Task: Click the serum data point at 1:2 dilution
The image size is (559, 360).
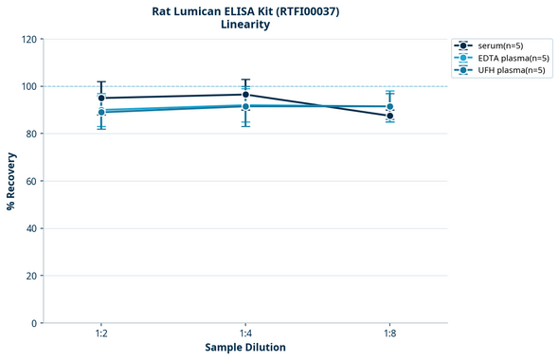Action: pyautogui.click(x=101, y=98)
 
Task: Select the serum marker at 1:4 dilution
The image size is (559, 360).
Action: pyautogui.click(x=245, y=95)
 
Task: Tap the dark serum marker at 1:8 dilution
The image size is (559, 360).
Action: pyautogui.click(x=390, y=116)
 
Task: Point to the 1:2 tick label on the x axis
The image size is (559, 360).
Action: pyautogui.click(x=101, y=334)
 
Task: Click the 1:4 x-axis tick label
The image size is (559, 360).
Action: pyautogui.click(x=245, y=334)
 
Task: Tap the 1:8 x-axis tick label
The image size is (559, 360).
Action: pyautogui.click(x=390, y=334)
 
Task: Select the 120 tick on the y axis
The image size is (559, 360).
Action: pyautogui.click(x=28, y=40)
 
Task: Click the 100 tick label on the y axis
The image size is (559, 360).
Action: pyautogui.click(x=28, y=87)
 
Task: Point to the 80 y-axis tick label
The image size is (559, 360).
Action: pyautogui.click(x=31, y=135)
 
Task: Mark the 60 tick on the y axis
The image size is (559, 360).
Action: pyautogui.click(x=31, y=182)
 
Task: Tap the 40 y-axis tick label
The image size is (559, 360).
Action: pyautogui.click(x=31, y=229)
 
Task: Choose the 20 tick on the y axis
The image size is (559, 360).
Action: pyautogui.click(x=31, y=277)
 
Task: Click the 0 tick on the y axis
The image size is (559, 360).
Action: pyautogui.click(x=34, y=324)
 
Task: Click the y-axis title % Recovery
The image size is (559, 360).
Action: pyautogui.click(x=10, y=181)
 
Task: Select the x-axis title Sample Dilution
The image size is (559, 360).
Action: pyautogui.click(x=245, y=348)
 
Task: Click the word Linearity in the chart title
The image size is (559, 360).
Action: pyautogui.click(x=245, y=25)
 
